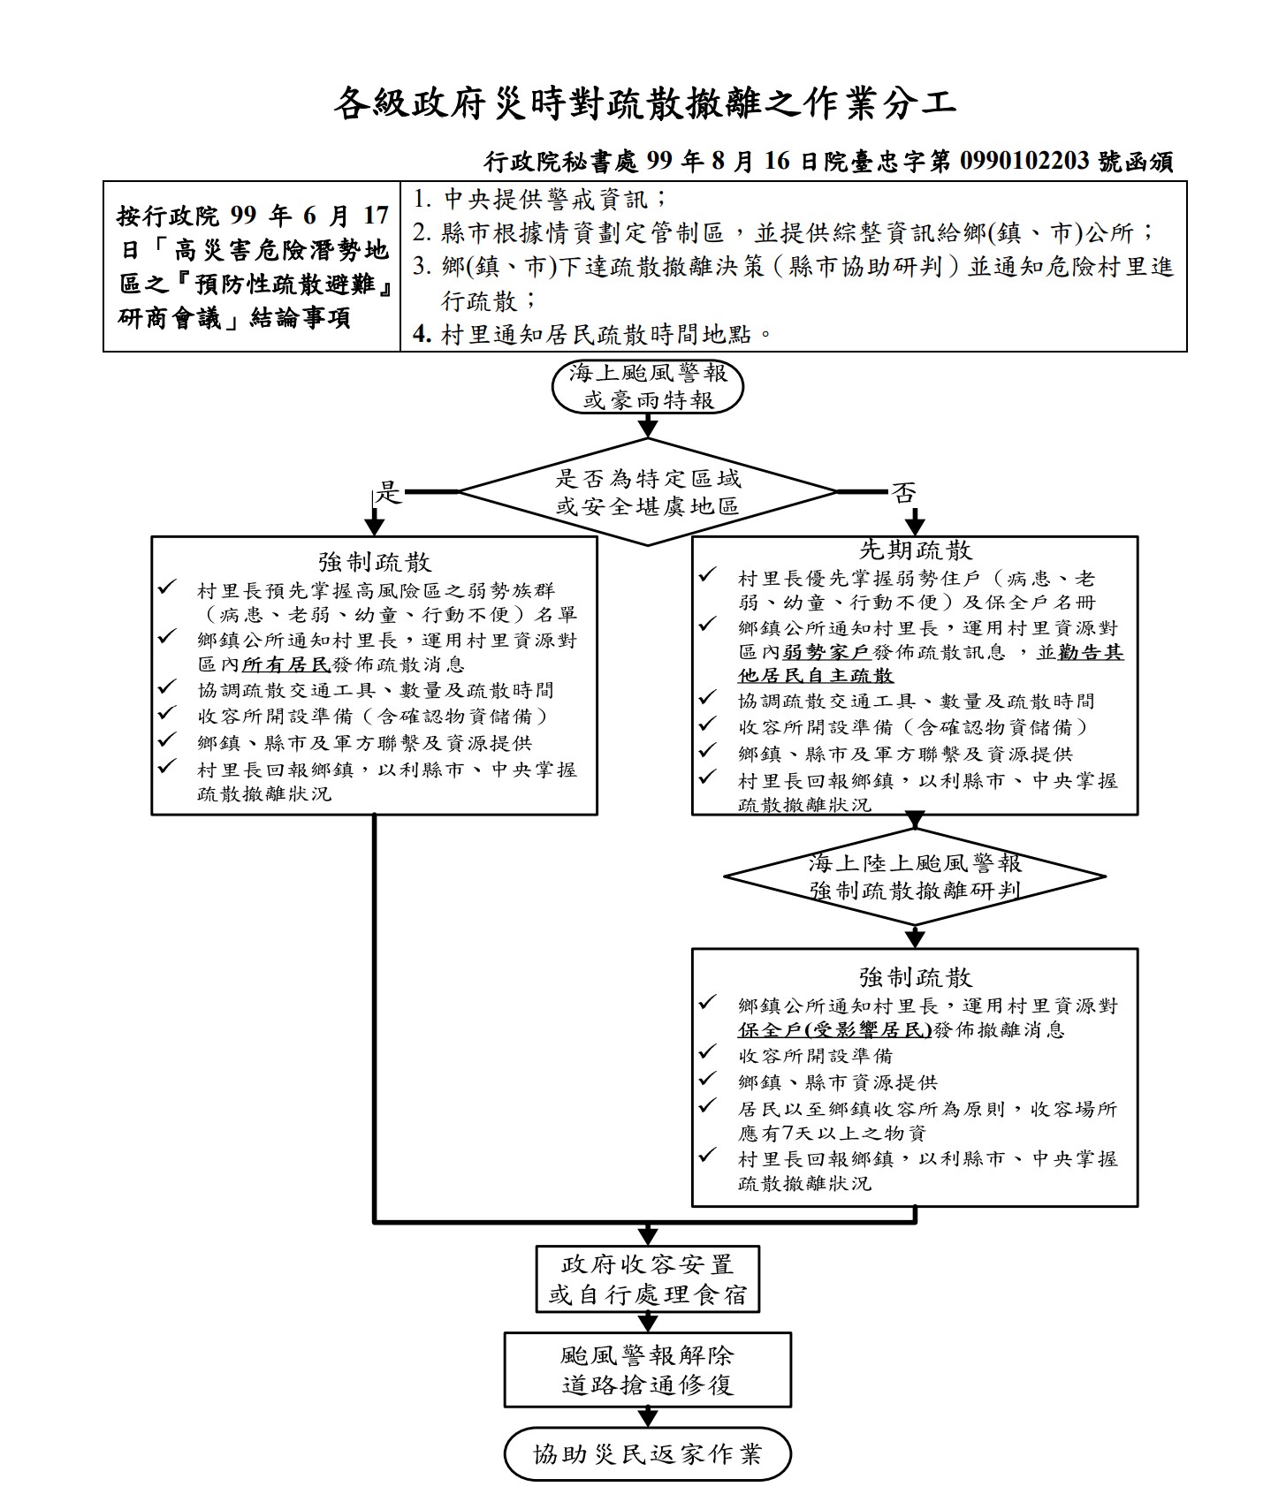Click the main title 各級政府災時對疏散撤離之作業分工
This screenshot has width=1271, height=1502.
point(644,104)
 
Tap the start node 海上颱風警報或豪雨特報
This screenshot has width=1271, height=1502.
point(647,387)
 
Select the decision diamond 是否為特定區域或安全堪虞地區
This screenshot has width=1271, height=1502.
point(647,492)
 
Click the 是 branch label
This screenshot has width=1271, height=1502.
point(389,492)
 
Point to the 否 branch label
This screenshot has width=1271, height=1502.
point(903,492)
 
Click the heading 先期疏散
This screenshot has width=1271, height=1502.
point(915,550)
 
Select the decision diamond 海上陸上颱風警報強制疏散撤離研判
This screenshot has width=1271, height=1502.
point(915,876)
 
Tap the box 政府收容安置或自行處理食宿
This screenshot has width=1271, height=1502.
point(647,1280)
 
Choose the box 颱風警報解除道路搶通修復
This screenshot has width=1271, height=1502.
point(647,1369)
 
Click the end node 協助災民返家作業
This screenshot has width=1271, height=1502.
point(647,1453)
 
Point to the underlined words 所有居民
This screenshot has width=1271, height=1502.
point(285,664)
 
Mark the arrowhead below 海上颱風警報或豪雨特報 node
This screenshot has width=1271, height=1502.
point(648,429)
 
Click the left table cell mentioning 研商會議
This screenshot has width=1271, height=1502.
point(252,267)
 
